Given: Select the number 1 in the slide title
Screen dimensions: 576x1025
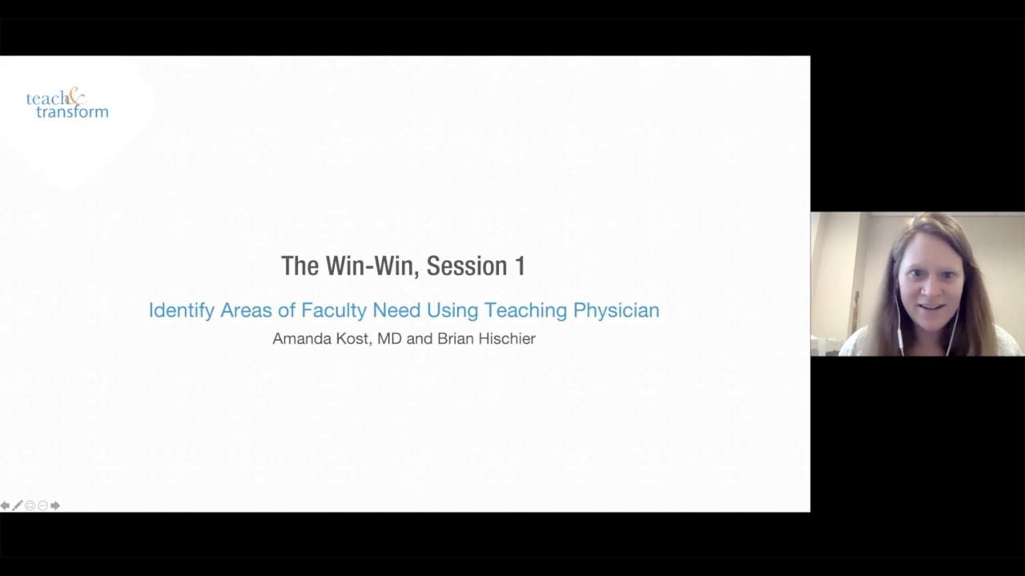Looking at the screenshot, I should [520, 266].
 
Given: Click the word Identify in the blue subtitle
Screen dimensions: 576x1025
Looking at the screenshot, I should [181, 310].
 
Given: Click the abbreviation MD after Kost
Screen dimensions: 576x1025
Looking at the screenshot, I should [389, 338].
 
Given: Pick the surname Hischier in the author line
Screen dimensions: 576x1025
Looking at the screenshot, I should [507, 338].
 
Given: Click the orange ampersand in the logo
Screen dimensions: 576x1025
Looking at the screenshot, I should [75, 97].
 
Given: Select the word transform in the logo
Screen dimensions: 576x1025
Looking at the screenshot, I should [72, 112].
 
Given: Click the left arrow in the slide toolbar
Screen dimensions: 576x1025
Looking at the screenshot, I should [5, 506].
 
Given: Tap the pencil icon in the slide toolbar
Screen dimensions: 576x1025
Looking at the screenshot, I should [18, 506].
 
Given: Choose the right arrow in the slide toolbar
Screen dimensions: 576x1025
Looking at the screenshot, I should [55, 506].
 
